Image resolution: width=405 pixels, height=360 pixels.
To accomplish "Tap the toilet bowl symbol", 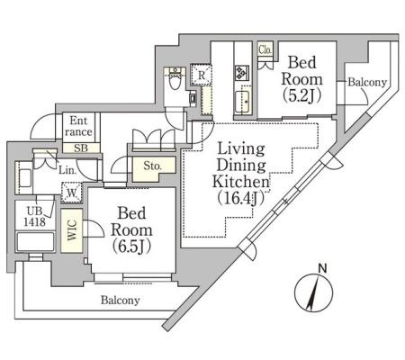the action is point(175,79).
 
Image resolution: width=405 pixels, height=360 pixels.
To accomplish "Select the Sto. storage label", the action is point(152,166).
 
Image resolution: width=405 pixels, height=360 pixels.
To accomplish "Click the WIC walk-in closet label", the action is point(72,230).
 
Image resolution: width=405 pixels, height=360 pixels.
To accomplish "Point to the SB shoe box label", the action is point(81,148).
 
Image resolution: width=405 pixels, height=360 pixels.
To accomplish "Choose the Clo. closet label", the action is point(265,49).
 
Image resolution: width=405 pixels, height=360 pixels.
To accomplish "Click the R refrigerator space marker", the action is point(202,75).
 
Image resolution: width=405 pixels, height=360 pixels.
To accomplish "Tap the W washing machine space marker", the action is point(71,193).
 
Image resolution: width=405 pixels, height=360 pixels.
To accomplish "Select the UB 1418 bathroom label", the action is point(35,217).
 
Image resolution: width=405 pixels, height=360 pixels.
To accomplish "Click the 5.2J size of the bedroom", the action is point(302,95).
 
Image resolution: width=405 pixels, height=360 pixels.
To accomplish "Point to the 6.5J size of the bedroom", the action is point(131,247).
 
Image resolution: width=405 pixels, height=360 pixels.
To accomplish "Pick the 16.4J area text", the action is point(240,199).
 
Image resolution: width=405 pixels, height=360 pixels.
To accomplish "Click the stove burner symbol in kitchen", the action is point(242,73).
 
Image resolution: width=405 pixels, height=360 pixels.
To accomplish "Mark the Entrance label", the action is point(78,126).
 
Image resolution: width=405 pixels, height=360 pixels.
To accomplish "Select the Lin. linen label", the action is point(67,170).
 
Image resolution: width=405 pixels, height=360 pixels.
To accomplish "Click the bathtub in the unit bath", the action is point(35,241).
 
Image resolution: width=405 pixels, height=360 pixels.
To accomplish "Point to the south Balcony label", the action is point(120,300).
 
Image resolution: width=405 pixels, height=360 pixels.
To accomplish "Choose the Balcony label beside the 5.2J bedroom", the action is point(367,82).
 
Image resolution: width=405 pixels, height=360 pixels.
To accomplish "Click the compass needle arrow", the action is point(313,293).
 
